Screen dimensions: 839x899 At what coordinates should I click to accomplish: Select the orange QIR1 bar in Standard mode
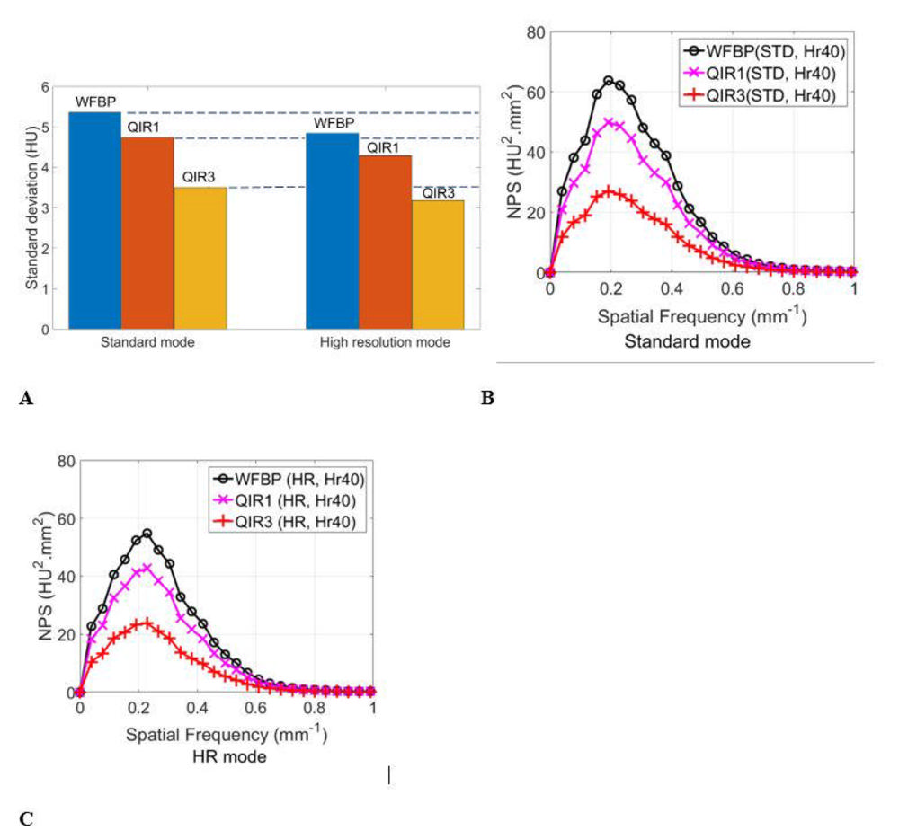147,233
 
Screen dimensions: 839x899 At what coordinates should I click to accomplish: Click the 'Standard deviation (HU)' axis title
31,208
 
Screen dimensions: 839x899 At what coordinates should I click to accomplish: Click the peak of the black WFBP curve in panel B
609,80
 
